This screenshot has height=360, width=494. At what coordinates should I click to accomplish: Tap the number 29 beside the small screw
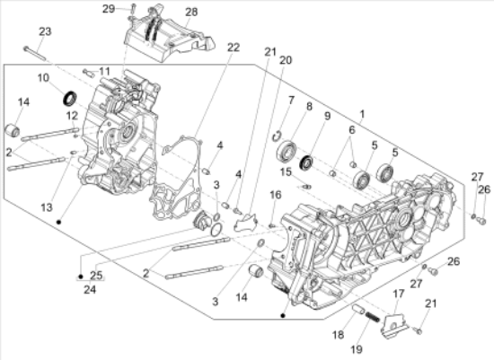[133, 8]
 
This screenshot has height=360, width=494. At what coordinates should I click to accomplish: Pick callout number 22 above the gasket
[207, 47]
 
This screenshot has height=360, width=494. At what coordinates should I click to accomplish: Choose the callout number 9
[326, 116]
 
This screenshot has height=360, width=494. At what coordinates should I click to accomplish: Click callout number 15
[283, 172]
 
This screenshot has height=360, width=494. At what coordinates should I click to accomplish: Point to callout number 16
[276, 194]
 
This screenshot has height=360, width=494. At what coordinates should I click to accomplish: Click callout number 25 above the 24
[96, 275]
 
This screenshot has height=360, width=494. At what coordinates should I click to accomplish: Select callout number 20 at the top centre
[286, 60]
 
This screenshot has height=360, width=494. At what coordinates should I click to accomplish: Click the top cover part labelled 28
[171, 40]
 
